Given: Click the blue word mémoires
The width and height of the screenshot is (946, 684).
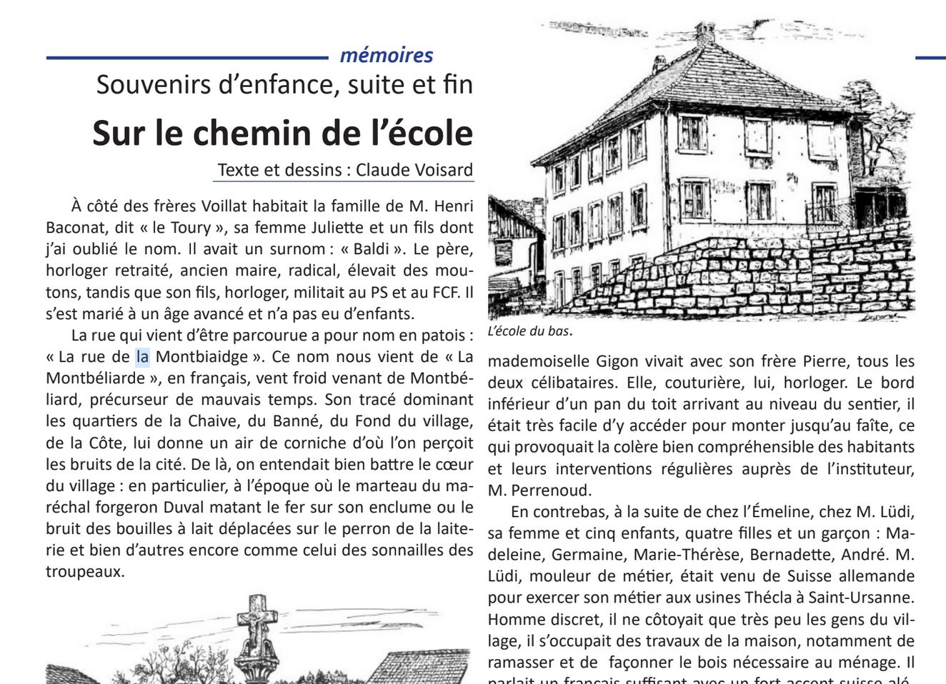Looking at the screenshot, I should pos(387,55).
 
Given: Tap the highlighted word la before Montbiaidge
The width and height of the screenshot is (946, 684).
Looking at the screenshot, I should pos(142,356).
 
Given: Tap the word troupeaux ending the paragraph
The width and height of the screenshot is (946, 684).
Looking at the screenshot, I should pos(85,572).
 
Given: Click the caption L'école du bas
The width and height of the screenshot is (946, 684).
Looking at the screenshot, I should pos(529,331).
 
